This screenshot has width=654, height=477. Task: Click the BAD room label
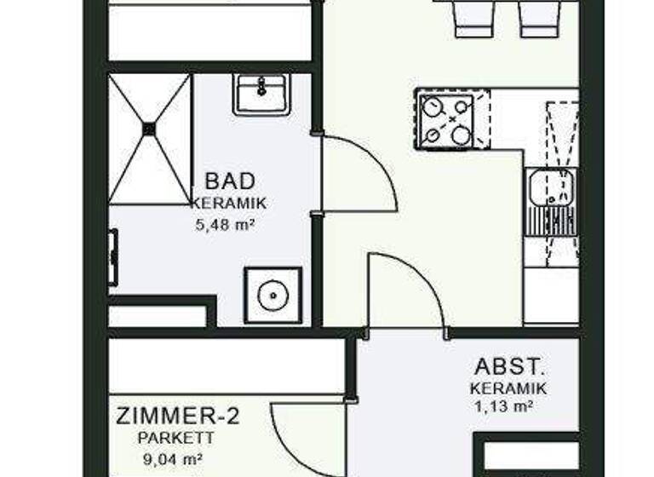[x=230, y=181]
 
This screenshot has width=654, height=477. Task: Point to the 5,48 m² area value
[x=226, y=226]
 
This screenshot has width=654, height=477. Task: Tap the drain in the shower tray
[x=150, y=129]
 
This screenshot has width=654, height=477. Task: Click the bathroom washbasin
[x=261, y=94]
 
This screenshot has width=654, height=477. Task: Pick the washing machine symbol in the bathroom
[x=272, y=295]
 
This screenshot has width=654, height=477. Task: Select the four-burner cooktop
[x=446, y=120]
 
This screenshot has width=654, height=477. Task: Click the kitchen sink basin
[x=542, y=187]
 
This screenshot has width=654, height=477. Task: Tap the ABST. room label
[x=508, y=367]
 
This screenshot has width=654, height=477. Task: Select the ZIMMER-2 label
[x=178, y=417]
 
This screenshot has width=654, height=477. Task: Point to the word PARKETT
[x=178, y=439]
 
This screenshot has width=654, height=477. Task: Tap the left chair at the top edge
[x=474, y=17]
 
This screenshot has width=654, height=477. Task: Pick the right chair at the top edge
[x=539, y=17]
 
